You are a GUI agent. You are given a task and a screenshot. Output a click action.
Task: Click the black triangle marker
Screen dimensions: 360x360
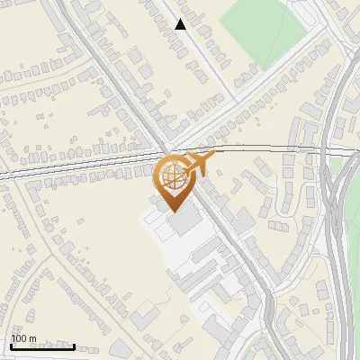click(x=181, y=25)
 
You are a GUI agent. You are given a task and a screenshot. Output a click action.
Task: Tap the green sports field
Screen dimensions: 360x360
click(x=265, y=31)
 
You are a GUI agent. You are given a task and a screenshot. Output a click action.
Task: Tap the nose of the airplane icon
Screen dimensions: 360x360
click(x=214, y=156)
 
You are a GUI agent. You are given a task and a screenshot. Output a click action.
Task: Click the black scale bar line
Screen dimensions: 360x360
click(x=42, y=346)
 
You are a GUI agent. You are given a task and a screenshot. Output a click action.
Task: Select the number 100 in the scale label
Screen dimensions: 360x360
click(x=20, y=339)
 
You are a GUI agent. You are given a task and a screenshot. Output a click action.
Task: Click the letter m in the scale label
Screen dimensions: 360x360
click(x=32, y=339)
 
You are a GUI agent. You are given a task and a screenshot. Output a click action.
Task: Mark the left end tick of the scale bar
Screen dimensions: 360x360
click(x=11, y=346)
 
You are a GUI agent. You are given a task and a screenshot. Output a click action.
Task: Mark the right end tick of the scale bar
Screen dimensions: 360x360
click(x=74, y=346)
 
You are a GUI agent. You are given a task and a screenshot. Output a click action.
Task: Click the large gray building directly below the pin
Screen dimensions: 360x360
click(x=185, y=220)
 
